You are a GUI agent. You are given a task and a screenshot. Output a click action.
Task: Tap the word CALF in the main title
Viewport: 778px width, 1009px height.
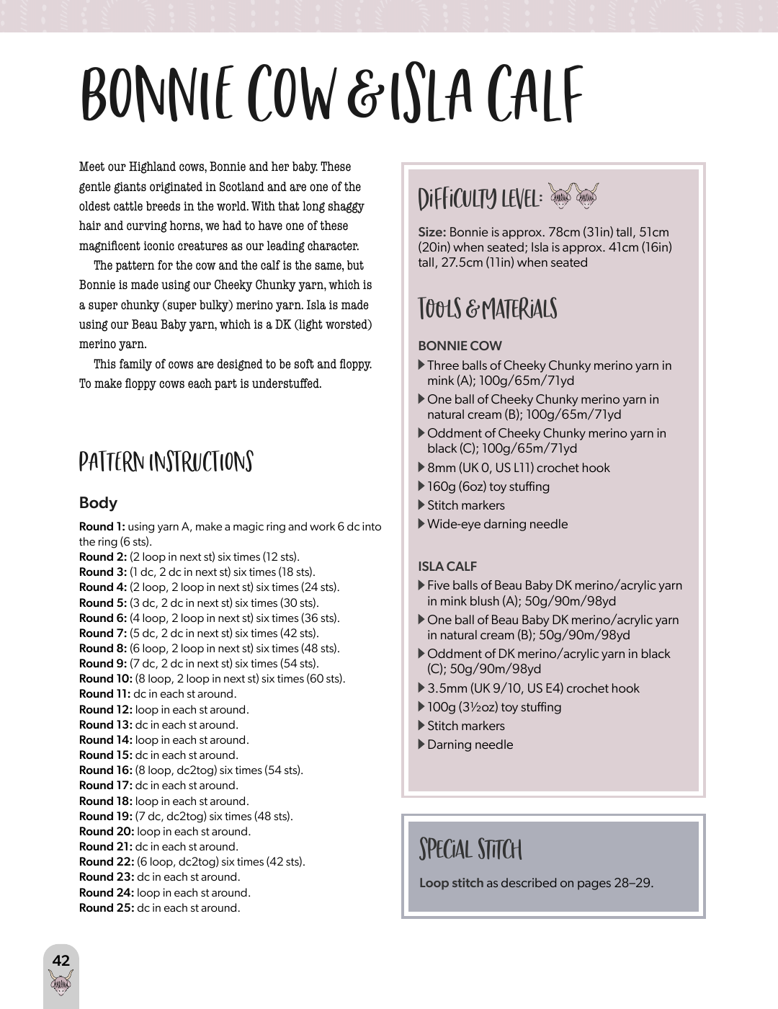point(535,94)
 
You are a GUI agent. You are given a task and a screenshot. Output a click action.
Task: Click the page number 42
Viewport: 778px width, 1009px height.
point(61,960)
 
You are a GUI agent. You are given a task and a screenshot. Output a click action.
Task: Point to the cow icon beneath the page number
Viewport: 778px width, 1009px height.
point(61,982)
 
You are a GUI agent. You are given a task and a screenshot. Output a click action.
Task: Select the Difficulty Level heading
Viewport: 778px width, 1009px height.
point(480,198)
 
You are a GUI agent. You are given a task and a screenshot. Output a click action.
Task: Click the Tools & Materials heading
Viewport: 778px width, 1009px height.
point(488,308)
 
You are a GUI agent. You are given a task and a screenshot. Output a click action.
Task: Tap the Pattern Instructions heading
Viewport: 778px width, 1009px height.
point(166,462)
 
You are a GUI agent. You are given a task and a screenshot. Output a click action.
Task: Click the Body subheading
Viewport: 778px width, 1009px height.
point(98,503)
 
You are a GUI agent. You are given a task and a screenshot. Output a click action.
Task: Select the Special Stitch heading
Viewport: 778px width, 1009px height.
point(470,849)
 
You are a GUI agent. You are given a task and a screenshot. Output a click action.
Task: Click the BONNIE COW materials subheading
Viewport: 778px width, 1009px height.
point(460,346)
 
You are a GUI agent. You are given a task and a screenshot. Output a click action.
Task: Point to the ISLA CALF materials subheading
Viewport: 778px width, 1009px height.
point(447,566)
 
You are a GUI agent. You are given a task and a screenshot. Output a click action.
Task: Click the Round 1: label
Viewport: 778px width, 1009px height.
point(102,527)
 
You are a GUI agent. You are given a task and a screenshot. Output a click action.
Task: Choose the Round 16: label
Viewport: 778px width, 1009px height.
point(105,770)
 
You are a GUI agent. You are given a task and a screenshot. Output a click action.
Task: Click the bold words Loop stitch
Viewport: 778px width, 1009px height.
point(451,883)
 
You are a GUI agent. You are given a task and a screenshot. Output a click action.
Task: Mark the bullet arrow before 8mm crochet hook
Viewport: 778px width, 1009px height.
point(421,467)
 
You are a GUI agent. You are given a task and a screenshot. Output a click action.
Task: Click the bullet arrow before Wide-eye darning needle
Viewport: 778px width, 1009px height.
point(421,523)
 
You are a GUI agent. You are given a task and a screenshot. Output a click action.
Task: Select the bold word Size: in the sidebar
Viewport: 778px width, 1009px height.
point(432,232)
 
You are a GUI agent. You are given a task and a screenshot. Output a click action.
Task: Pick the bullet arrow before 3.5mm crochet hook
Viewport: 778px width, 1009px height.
point(421,688)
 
